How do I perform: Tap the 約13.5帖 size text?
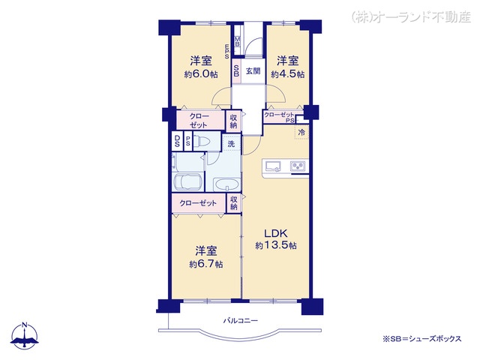(x=275, y=246)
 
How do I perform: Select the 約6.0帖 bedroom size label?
(x=199, y=73)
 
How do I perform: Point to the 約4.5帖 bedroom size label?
(x=287, y=73)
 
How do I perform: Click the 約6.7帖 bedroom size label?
(x=205, y=264)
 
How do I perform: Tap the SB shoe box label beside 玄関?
(x=236, y=72)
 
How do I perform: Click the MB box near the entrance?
(x=238, y=41)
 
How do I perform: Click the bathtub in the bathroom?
(x=187, y=183)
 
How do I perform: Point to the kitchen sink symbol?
(x=271, y=166)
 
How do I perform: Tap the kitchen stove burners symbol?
(x=297, y=166)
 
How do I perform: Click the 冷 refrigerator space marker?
(x=301, y=133)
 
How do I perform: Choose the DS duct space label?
(x=177, y=142)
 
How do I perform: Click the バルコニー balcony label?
(x=240, y=321)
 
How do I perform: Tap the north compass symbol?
(x=25, y=335)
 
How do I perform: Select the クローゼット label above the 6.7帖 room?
(x=199, y=203)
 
